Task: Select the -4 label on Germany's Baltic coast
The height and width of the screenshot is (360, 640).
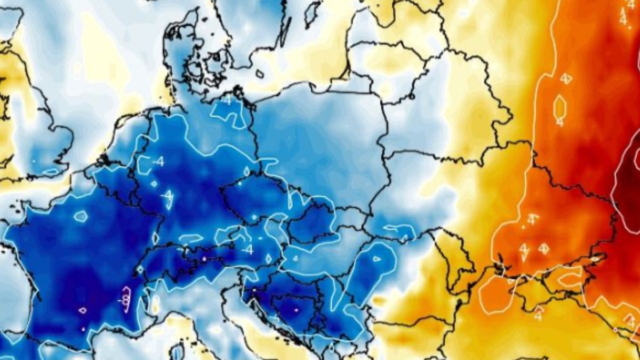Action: [x=228, y=101]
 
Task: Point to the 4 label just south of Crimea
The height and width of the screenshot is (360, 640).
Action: [x=538, y=315]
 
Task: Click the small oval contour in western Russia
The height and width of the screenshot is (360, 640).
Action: [x=559, y=106]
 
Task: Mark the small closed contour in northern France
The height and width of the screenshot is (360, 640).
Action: [x=81, y=216]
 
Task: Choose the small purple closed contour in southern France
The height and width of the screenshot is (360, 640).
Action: [x=83, y=310]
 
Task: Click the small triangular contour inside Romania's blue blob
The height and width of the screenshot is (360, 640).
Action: [x=377, y=259]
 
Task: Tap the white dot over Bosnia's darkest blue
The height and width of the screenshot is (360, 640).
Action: [x=297, y=309]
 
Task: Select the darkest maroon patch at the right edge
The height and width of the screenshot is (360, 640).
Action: [x=629, y=187]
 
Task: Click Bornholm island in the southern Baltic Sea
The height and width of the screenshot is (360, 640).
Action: [x=260, y=74]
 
